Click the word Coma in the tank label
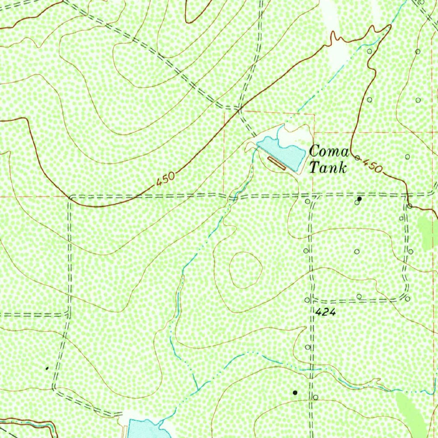coord(329,151)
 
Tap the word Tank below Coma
coord(328,168)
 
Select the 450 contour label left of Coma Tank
coord(166,179)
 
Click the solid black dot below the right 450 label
coord(360,199)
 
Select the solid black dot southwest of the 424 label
coord(294,392)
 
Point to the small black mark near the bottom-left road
coord(47,368)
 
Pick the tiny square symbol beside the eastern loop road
coord(401,218)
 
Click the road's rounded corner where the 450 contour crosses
coord(71,198)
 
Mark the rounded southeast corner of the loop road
coord(404,295)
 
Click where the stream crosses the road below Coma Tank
coord(233,197)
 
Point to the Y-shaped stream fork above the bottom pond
coord(197,390)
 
